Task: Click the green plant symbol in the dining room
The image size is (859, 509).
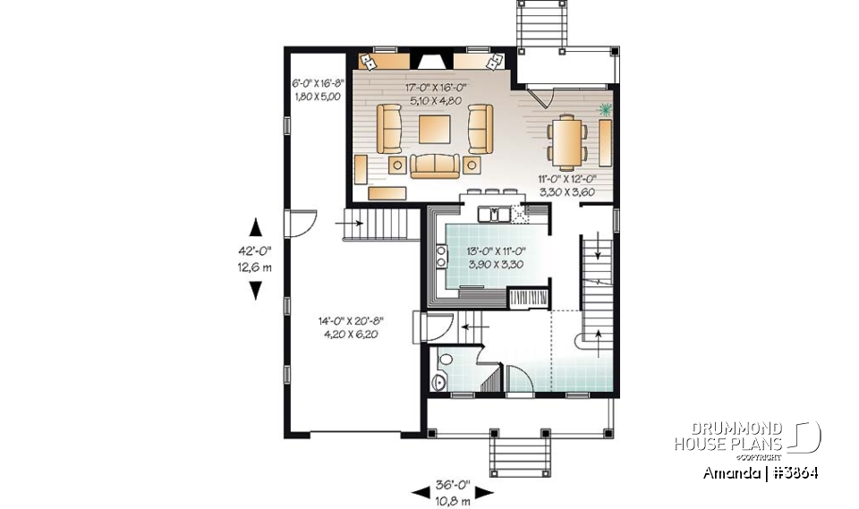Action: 606,110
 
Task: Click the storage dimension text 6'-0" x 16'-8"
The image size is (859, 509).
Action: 316,90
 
